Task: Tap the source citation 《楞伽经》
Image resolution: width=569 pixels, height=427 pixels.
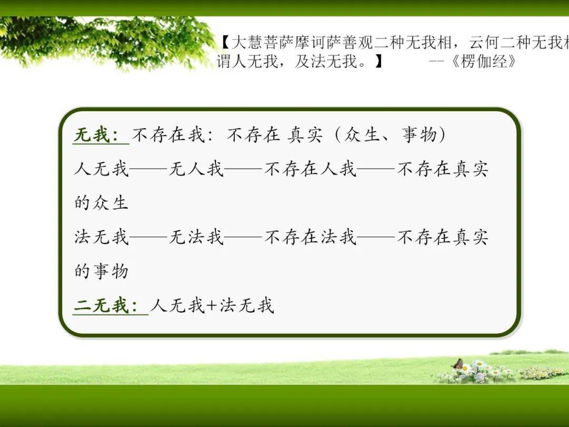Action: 483,61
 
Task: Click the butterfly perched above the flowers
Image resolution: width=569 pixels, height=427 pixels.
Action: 458,364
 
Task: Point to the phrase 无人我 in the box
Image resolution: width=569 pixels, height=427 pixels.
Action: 196,169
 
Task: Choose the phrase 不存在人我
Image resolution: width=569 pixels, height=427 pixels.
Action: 311,169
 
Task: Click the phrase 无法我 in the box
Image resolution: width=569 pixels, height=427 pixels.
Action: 196,237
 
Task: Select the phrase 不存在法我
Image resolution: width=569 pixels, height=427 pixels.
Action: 311,237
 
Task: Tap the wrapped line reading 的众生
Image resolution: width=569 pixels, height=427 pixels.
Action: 101,203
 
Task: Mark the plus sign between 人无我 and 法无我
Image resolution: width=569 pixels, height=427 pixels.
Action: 211,306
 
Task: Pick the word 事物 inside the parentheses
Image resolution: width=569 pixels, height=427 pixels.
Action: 419,135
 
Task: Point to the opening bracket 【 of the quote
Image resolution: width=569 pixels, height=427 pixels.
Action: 224,43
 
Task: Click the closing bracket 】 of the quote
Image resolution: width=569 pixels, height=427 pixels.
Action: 378,61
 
